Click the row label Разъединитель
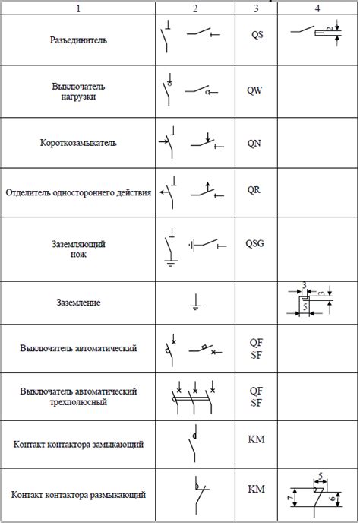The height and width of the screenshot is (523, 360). (x=78, y=40)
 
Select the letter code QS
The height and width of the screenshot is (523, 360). (x=256, y=35)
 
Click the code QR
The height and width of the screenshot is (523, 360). (x=256, y=189)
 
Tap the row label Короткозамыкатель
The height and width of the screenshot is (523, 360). (x=78, y=142)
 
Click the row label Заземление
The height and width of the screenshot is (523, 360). (x=78, y=303)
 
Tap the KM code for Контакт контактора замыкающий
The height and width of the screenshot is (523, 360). (x=256, y=439)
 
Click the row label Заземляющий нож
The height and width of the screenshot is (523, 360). (x=78, y=249)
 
